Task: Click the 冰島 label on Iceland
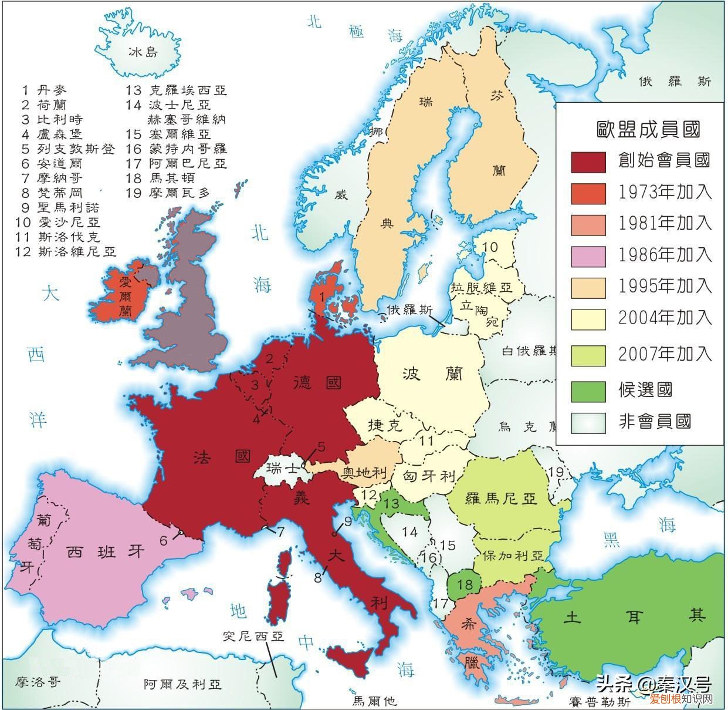(x=144, y=52)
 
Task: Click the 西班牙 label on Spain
(x=104, y=552)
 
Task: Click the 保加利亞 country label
(x=514, y=556)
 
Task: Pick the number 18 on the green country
(x=465, y=584)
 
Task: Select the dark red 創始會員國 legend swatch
(x=588, y=161)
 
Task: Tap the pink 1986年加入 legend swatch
(x=588, y=255)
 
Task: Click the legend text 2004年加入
(x=665, y=318)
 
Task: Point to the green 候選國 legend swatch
(x=588, y=391)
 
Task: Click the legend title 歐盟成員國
(x=648, y=129)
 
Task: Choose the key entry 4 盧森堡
(x=53, y=134)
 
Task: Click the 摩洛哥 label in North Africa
(x=38, y=682)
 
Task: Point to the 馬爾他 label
(x=374, y=701)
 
